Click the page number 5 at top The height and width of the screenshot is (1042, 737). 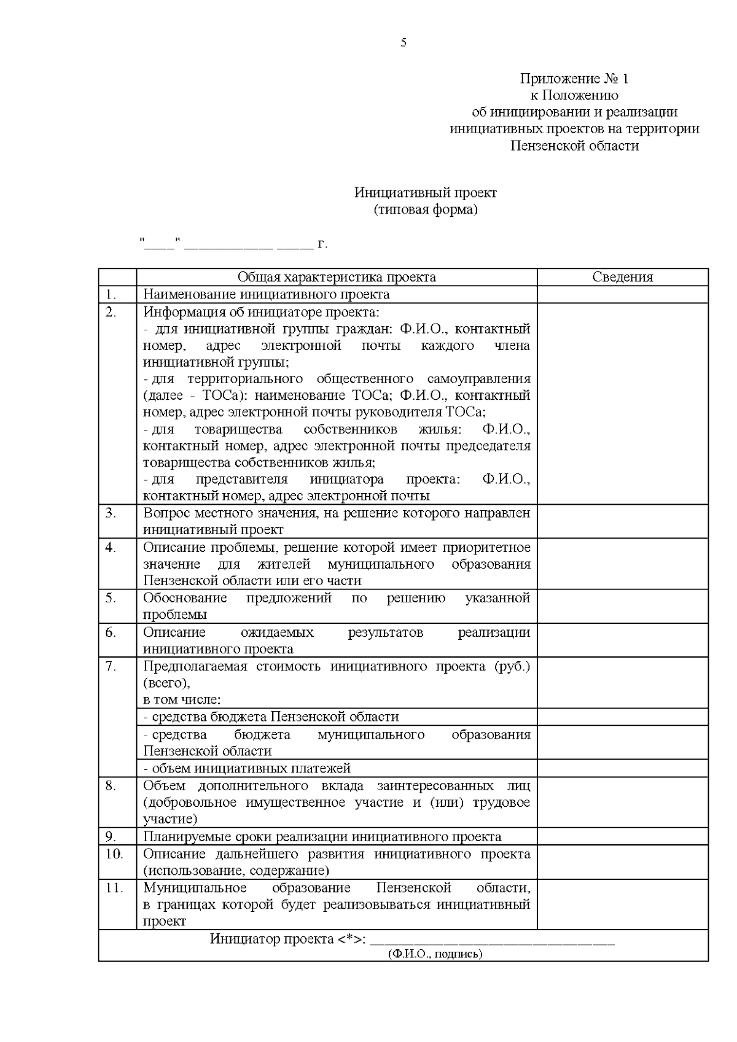403,42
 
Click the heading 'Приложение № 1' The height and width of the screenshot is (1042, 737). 574,79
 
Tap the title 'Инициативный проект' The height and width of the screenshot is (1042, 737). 425,193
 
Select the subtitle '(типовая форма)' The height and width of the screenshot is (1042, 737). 425,210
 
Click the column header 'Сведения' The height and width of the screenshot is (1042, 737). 622,277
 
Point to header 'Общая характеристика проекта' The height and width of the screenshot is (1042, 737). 337,277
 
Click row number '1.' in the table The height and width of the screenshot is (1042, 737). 111,294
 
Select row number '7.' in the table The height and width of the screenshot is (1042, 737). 111,666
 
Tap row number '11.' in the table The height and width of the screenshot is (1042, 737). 114,888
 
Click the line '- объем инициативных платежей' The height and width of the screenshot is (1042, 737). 247,768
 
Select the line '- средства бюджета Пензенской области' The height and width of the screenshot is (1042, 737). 271,717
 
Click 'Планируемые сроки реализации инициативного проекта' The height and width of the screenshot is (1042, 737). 322,836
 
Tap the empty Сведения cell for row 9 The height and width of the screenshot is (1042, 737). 622,836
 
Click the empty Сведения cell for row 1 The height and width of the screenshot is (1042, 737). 622,294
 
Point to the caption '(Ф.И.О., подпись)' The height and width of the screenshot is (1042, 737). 435,971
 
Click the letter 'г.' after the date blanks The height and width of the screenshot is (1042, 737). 322,245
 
